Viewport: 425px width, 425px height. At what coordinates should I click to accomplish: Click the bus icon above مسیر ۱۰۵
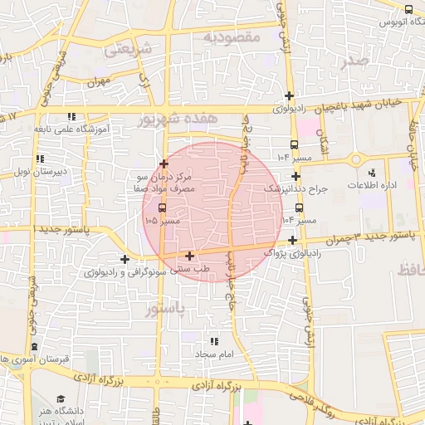click(x=162, y=209)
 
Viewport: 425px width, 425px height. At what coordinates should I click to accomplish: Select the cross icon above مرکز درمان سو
click(x=164, y=164)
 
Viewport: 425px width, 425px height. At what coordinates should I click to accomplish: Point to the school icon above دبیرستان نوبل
click(x=39, y=159)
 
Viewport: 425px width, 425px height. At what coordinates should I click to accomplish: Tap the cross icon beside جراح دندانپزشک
click(x=296, y=176)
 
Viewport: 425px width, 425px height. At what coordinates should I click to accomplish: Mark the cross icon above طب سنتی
click(x=191, y=256)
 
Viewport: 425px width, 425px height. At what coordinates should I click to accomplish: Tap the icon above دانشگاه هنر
click(x=60, y=400)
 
